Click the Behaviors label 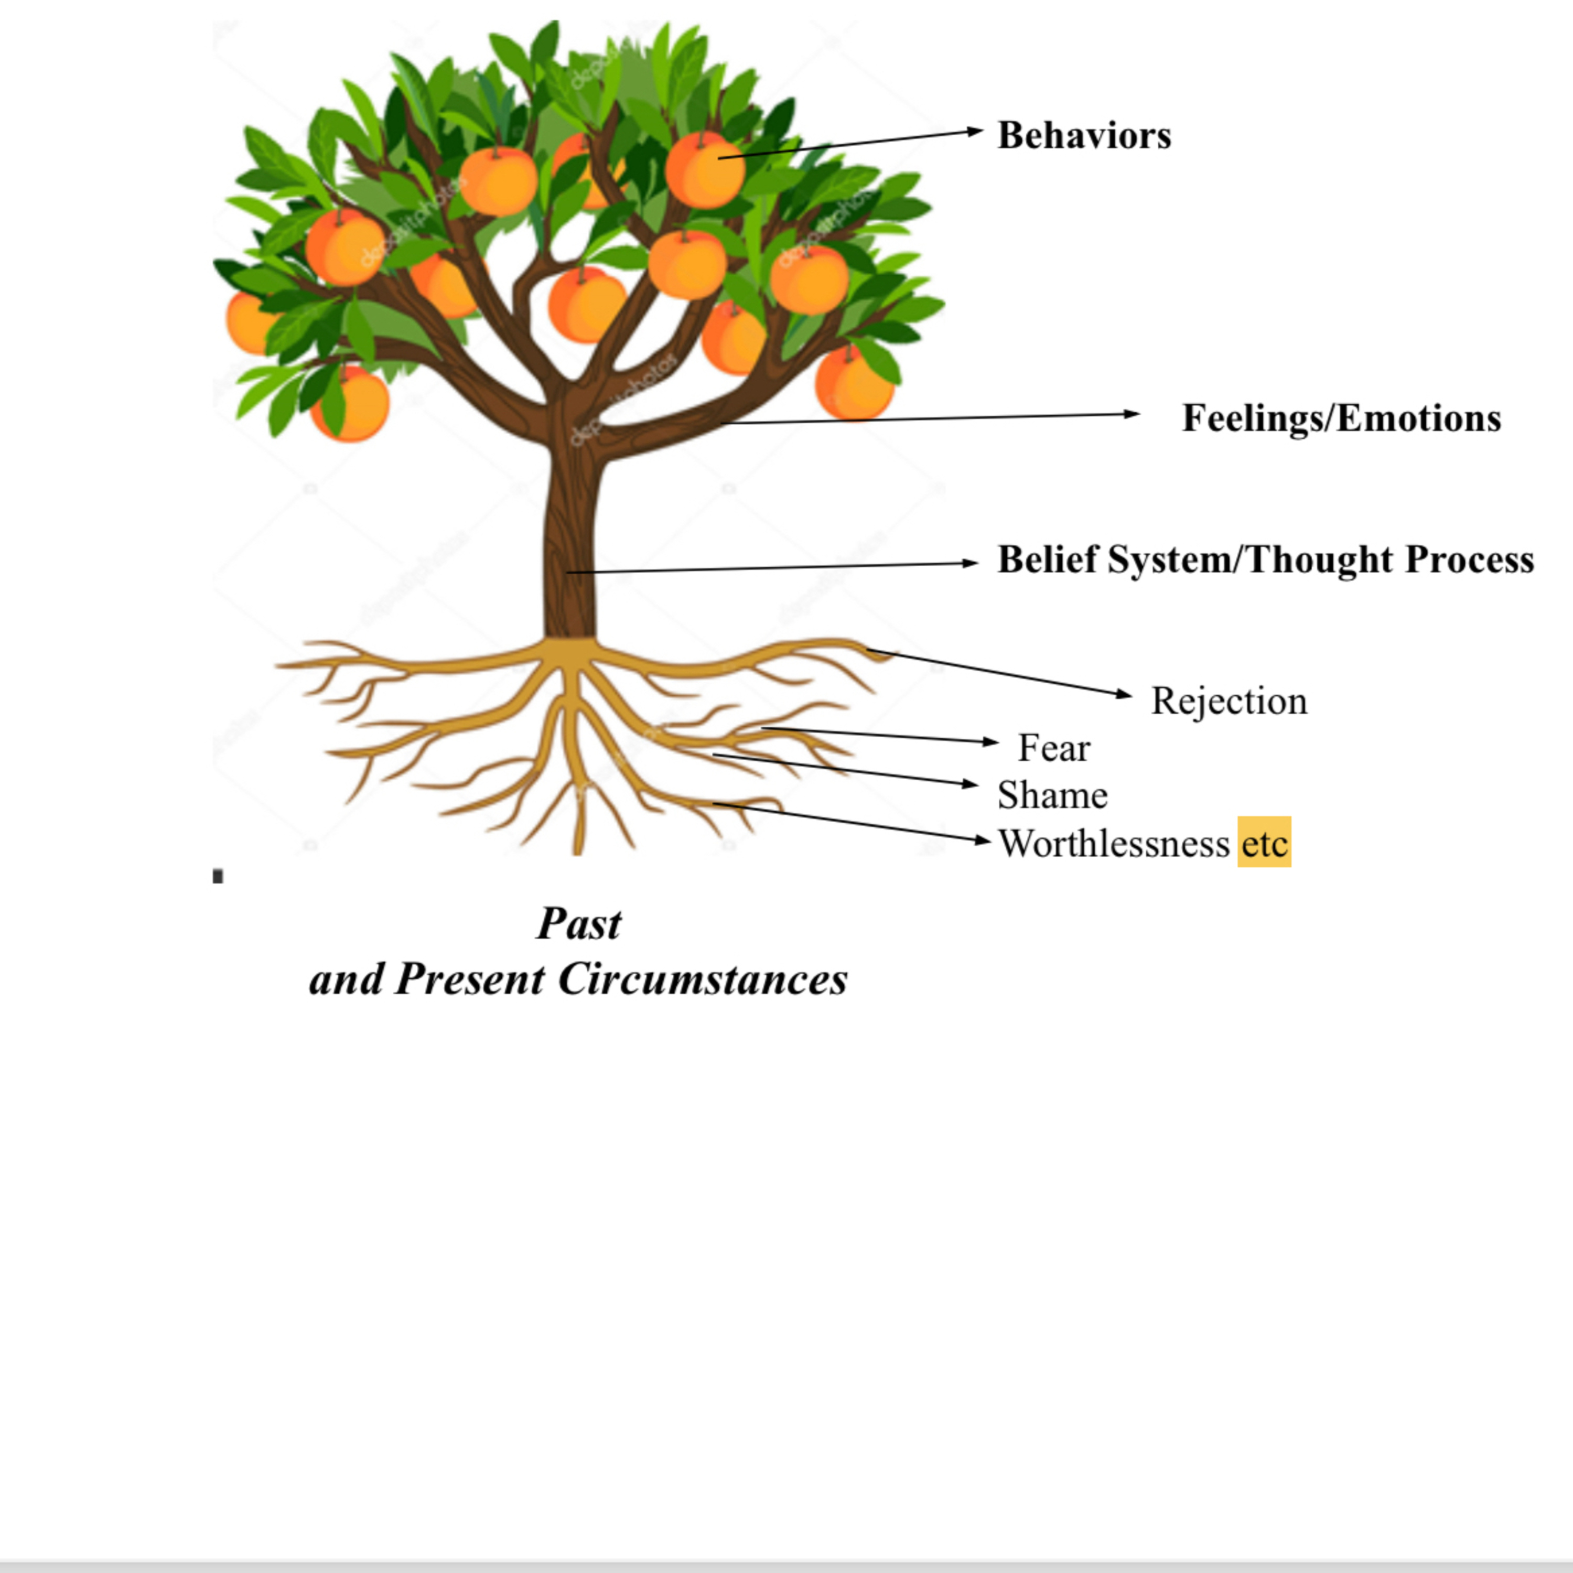tap(1084, 135)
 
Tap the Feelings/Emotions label tap(1341, 418)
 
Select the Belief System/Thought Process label tap(1265, 559)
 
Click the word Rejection tap(1229, 701)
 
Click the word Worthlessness tap(1113, 844)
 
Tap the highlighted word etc tap(1264, 844)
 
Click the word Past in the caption tap(579, 924)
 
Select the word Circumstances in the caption tap(702, 978)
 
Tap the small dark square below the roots tap(218, 877)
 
